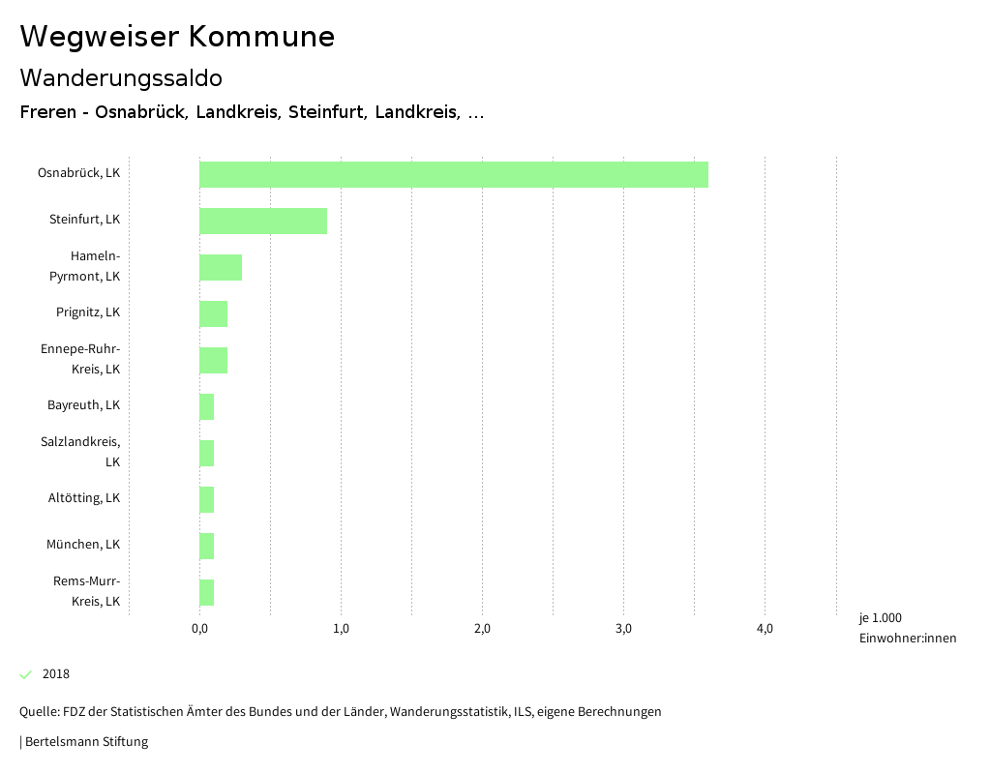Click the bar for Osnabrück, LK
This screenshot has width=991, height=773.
pos(453,174)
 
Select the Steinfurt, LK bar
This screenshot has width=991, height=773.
pos(263,221)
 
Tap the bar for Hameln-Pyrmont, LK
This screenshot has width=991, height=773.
pos(221,267)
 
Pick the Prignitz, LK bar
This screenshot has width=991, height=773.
pos(213,313)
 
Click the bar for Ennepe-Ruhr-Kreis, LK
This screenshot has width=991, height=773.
pos(213,360)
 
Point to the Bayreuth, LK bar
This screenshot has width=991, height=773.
pos(206,406)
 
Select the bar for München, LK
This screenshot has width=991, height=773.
pos(206,546)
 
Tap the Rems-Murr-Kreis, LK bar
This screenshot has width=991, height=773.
pos(206,592)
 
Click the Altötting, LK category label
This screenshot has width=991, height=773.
pos(84,498)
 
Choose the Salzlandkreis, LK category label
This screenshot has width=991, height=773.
pos(81,452)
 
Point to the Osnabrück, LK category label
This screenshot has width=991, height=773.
pos(78,173)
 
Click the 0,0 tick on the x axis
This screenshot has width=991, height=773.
pos(199,629)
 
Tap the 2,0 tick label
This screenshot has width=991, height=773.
pos(482,629)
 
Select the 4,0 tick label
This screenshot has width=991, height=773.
pos(765,629)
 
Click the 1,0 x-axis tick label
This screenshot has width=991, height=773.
pos(341,629)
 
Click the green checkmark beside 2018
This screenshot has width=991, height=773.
pos(26,674)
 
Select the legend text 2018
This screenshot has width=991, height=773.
pos(56,674)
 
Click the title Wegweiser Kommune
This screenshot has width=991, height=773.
pos(177,37)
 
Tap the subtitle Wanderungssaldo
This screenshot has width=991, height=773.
pos(121,77)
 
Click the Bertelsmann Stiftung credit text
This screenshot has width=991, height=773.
pos(85,742)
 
